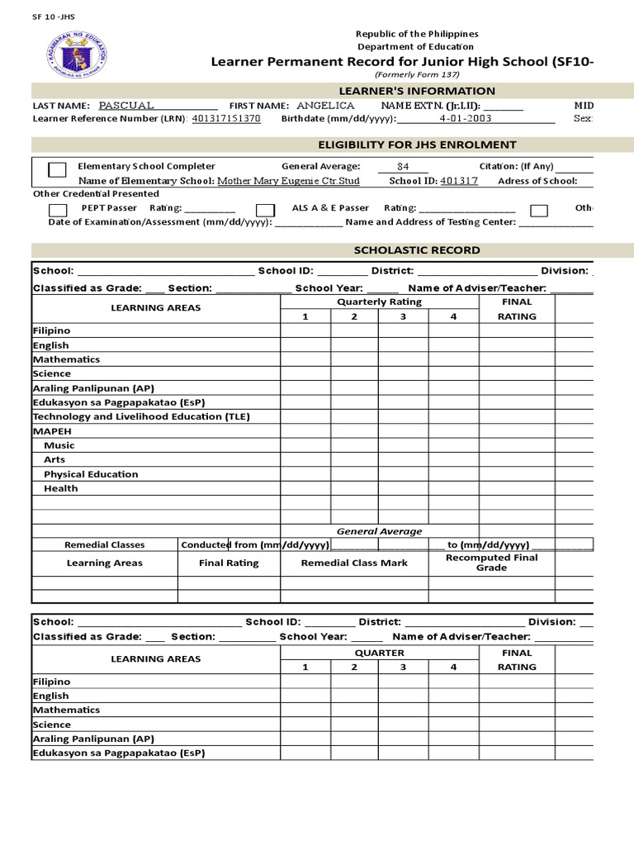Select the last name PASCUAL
click(x=125, y=106)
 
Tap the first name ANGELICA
click(x=325, y=106)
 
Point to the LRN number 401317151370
click(x=225, y=119)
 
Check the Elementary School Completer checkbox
click(x=57, y=170)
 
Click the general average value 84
click(x=403, y=166)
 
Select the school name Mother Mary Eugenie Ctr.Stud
click(x=288, y=180)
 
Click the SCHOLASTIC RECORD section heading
click(x=416, y=250)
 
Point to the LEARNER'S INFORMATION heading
click(x=417, y=91)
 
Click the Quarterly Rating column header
click(x=380, y=302)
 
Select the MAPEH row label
click(x=52, y=431)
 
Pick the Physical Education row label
click(x=91, y=474)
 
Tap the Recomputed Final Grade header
click(x=491, y=563)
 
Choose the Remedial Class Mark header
click(x=354, y=563)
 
